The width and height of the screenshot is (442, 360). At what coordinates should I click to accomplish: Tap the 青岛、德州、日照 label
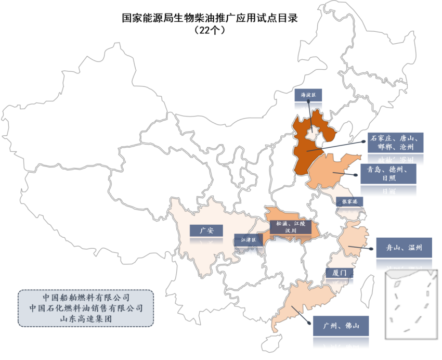pos(388,174)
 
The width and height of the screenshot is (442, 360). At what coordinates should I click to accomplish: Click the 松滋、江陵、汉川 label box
pos(290,227)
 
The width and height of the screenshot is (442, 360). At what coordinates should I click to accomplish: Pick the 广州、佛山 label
pos(341,326)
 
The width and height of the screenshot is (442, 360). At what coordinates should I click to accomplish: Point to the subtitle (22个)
pos(209,31)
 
